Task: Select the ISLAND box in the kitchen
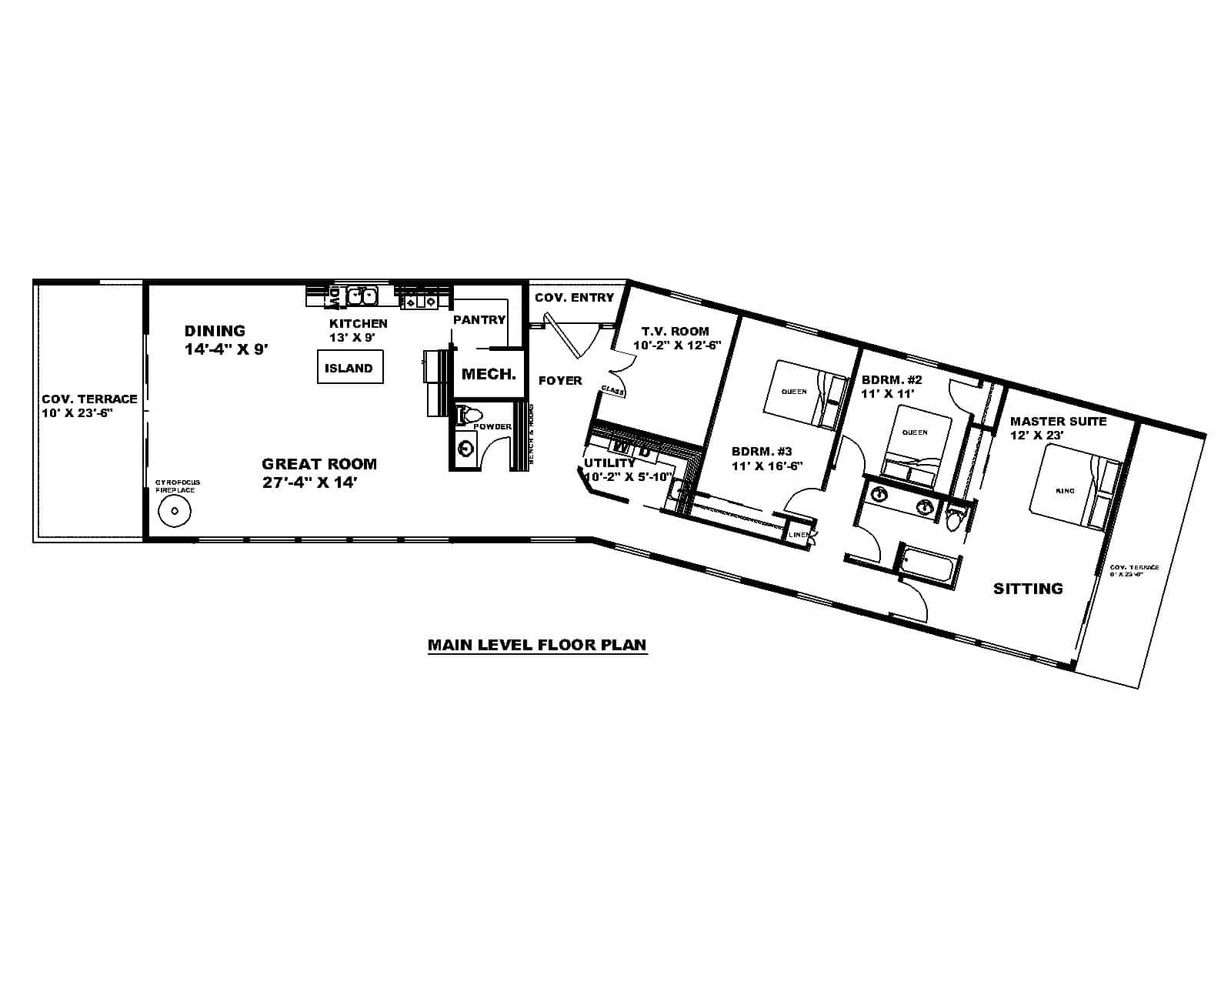pos(349,368)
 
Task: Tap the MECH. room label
pos(489,375)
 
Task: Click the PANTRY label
pos(479,319)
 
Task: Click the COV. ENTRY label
pos(574,297)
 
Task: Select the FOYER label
pos(560,380)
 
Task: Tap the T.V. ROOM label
pos(676,331)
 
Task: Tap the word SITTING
pos(1028,589)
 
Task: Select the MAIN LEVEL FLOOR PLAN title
pos(537,645)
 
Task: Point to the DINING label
pos(215,331)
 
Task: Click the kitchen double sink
pos(361,295)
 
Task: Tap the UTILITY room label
pos(609,463)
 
